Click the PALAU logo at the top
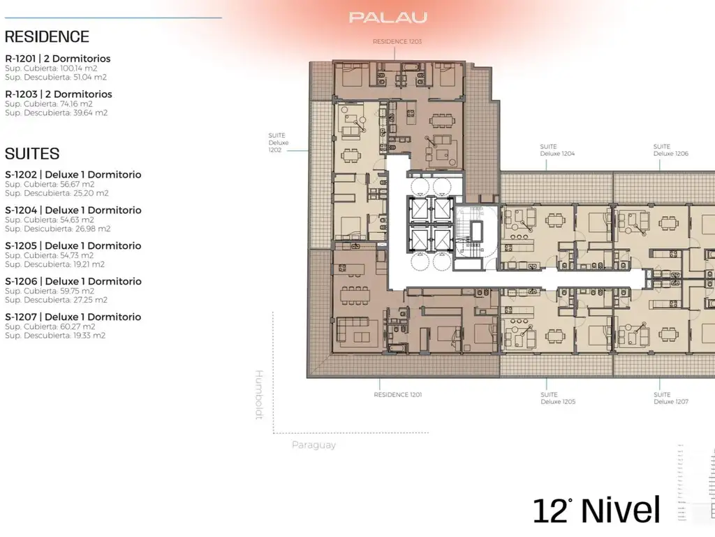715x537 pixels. pyautogui.click(x=388, y=17)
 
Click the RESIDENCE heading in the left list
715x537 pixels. pyautogui.click(x=47, y=37)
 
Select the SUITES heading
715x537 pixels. pyautogui.click(x=32, y=154)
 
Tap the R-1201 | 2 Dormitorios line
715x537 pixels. pyautogui.click(x=58, y=59)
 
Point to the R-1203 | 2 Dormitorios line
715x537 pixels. pyautogui.click(x=59, y=94)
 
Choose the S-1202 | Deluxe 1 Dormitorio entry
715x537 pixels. pyautogui.click(x=73, y=175)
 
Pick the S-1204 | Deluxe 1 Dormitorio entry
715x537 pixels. pyautogui.click(x=73, y=210)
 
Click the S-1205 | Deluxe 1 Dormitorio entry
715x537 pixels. pyautogui.click(x=73, y=245)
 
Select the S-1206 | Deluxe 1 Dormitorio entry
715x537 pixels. pyautogui.click(x=73, y=281)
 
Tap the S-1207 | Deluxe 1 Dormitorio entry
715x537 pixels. pyautogui.click(x=73, y=317)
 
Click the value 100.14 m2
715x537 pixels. pyautogui.click(x=80, y=69)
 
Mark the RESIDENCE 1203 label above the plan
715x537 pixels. pyautogui.click(x=397, y=42)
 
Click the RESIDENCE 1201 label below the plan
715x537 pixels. pyautogui.click(x=397, y=395)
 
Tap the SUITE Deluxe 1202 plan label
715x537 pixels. pyautogui.click(x=277, y=143)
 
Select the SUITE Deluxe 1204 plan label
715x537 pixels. pyautogui.click(x=557, y=150)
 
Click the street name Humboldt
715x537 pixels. pyautogui.click(x=258, y=395)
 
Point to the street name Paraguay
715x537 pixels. pyautogui.click(x=314, y=445)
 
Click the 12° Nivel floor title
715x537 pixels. pyautogui.click(x=596, y=510)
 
